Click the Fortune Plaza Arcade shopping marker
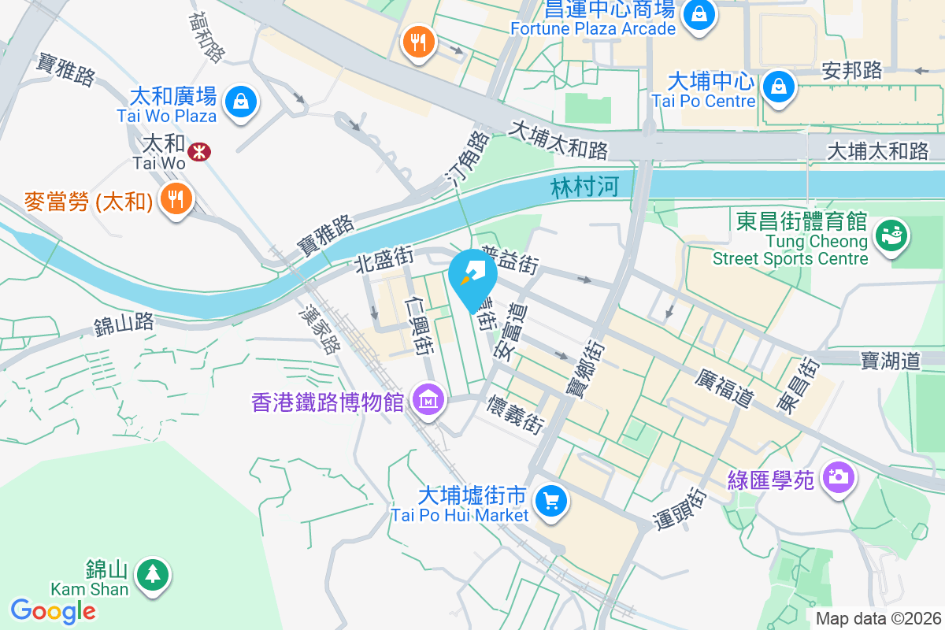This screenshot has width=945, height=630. coord(698,13)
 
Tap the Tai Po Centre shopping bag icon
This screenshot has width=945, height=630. coord(778,84)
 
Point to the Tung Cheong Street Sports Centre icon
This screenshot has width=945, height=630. coord(892,235)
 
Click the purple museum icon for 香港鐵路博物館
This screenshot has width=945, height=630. coord(430,400)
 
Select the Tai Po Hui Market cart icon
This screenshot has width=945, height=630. coord(550,500)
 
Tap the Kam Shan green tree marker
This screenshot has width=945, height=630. coord(151,573)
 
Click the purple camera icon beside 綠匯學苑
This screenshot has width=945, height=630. coord(837,476)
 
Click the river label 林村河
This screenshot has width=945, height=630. coord(580,187)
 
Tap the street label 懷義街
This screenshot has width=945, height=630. coord(517,414)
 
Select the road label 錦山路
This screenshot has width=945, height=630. coord(124,323)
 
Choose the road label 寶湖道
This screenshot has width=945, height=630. coord(890,361)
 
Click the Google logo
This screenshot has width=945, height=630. coord(54,610)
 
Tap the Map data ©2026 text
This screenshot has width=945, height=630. coord(878,618)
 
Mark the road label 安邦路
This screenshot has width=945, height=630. coord(852,70)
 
